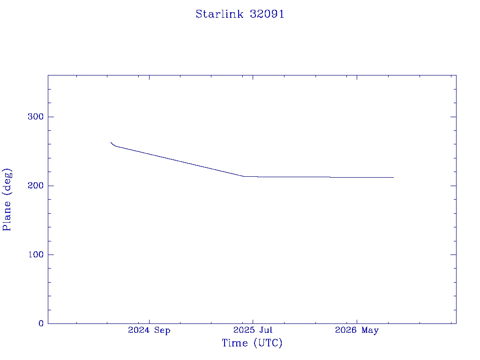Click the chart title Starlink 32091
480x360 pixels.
point(240,14)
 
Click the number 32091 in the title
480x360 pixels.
point(267,14)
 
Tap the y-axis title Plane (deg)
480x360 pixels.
point(7,200)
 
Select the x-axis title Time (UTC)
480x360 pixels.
point(252,343)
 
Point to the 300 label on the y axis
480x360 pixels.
point(36,117)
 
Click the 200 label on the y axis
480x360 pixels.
point(36,186)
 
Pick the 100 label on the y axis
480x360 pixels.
point(36,255)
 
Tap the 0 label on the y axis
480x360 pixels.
point(41,323)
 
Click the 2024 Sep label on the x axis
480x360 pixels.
point(149,330)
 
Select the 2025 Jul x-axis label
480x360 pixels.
point(253,330)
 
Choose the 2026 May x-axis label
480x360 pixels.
point(357,330)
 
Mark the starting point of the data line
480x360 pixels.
point(111,142)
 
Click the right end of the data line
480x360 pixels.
point(394,177)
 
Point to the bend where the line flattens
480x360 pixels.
point(244,176)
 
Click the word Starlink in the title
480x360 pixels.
point(220,14)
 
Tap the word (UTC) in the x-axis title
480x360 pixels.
point(268,343)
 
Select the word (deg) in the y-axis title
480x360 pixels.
point(7,182)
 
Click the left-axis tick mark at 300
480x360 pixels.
point(51,117)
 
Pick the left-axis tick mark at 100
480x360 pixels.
point(51,255)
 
